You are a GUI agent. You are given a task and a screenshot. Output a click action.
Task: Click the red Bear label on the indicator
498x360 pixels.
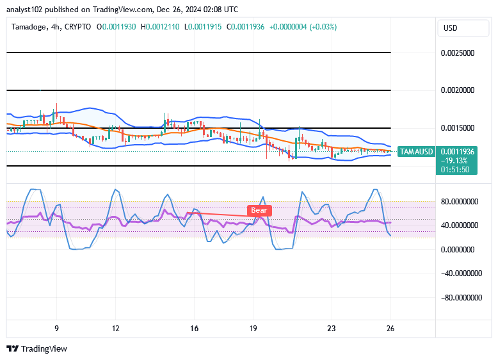259,210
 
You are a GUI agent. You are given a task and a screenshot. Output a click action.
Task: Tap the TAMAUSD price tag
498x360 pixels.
416,152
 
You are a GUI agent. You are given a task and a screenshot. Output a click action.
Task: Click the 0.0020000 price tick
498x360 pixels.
458,90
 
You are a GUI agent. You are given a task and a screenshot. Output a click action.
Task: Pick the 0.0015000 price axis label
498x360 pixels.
458,128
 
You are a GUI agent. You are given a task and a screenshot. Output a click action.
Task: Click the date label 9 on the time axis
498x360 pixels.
56,328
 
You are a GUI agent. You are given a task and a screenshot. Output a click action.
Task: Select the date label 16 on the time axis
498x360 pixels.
194,328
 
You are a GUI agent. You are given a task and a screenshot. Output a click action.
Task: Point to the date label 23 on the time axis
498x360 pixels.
331,328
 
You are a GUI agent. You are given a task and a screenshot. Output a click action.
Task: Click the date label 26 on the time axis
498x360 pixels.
390,328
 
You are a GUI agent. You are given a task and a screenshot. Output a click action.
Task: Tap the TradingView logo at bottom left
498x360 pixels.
36,349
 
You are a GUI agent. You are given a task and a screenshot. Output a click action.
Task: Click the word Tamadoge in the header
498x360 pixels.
28,27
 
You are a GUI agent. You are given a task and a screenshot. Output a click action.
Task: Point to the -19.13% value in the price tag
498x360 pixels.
456,161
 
